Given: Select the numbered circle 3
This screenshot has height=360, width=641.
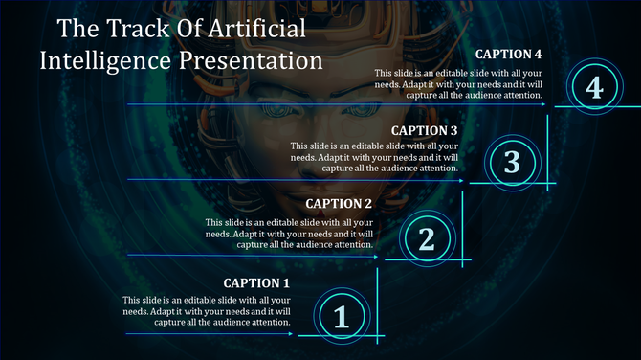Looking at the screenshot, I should pyautogui.click(x=512, y=163).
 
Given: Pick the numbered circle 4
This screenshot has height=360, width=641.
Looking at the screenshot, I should pyautogui.click(x=594, y=88).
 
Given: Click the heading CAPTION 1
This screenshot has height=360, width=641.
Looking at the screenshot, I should pyautogui.click(x=256, y=283).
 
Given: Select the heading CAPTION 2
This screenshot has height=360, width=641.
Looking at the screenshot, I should pyautogui.click(x=339, y=204).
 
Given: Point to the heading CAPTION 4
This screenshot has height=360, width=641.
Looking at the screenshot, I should pyautogui.click(x=509, y=54).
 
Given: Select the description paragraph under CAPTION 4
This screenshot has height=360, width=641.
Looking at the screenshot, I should pyautogui.click(x=458, y=83).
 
